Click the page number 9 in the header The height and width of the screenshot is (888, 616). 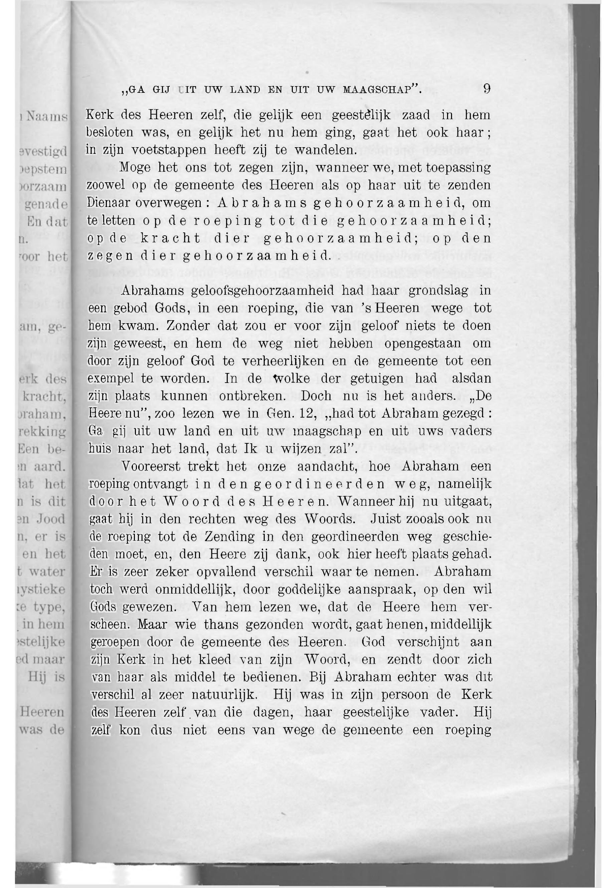(487, 89)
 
